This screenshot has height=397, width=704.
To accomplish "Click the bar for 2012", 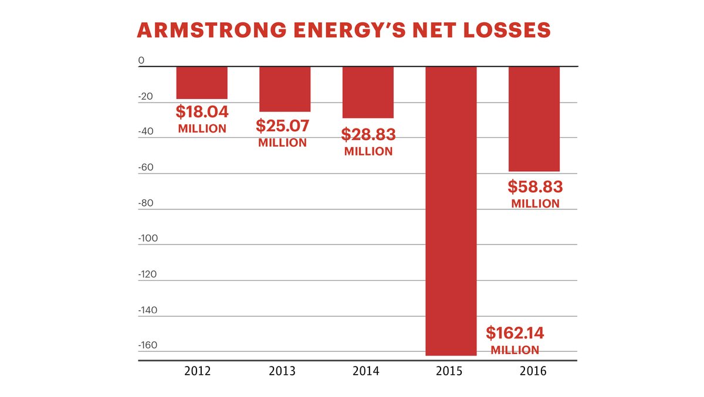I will [202, 83].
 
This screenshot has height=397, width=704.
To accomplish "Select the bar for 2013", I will [285, 89].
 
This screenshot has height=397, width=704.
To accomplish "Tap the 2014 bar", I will [368, 92].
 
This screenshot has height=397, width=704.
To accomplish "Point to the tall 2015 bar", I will [451, 211].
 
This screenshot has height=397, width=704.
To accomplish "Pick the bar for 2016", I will [534, 119].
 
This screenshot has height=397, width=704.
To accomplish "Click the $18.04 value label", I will [202, 112].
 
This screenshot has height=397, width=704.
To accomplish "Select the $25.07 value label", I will [282, 125].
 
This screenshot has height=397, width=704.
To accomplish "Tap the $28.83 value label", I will [368, 134].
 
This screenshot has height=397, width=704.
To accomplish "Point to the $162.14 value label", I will [515, 334].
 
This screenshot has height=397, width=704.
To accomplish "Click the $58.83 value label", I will [535, 187].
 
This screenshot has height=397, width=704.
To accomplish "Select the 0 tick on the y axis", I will [141, 60].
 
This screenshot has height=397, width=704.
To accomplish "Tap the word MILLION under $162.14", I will [515, 350].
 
